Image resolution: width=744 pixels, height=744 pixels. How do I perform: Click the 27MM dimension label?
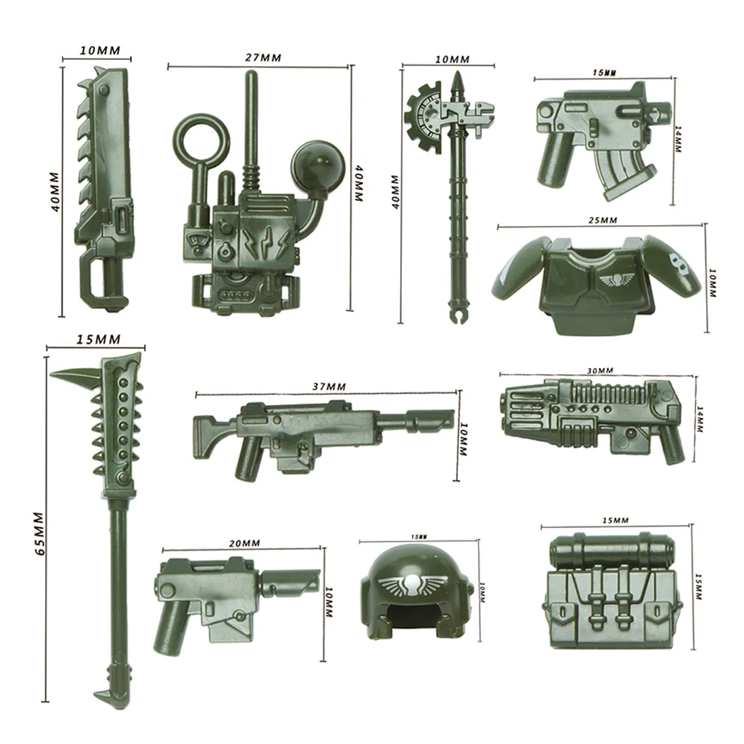[x=263, y=58]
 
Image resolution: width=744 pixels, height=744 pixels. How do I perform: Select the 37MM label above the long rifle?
[x=329, y=387]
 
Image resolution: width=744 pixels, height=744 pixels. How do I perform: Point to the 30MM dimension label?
[x=600, y=370]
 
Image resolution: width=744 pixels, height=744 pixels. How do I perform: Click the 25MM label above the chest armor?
[x=603, y=220]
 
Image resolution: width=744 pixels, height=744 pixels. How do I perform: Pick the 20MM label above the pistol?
[x=244, y=543]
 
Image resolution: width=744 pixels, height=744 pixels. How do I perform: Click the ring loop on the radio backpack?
[x=202, y=135]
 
